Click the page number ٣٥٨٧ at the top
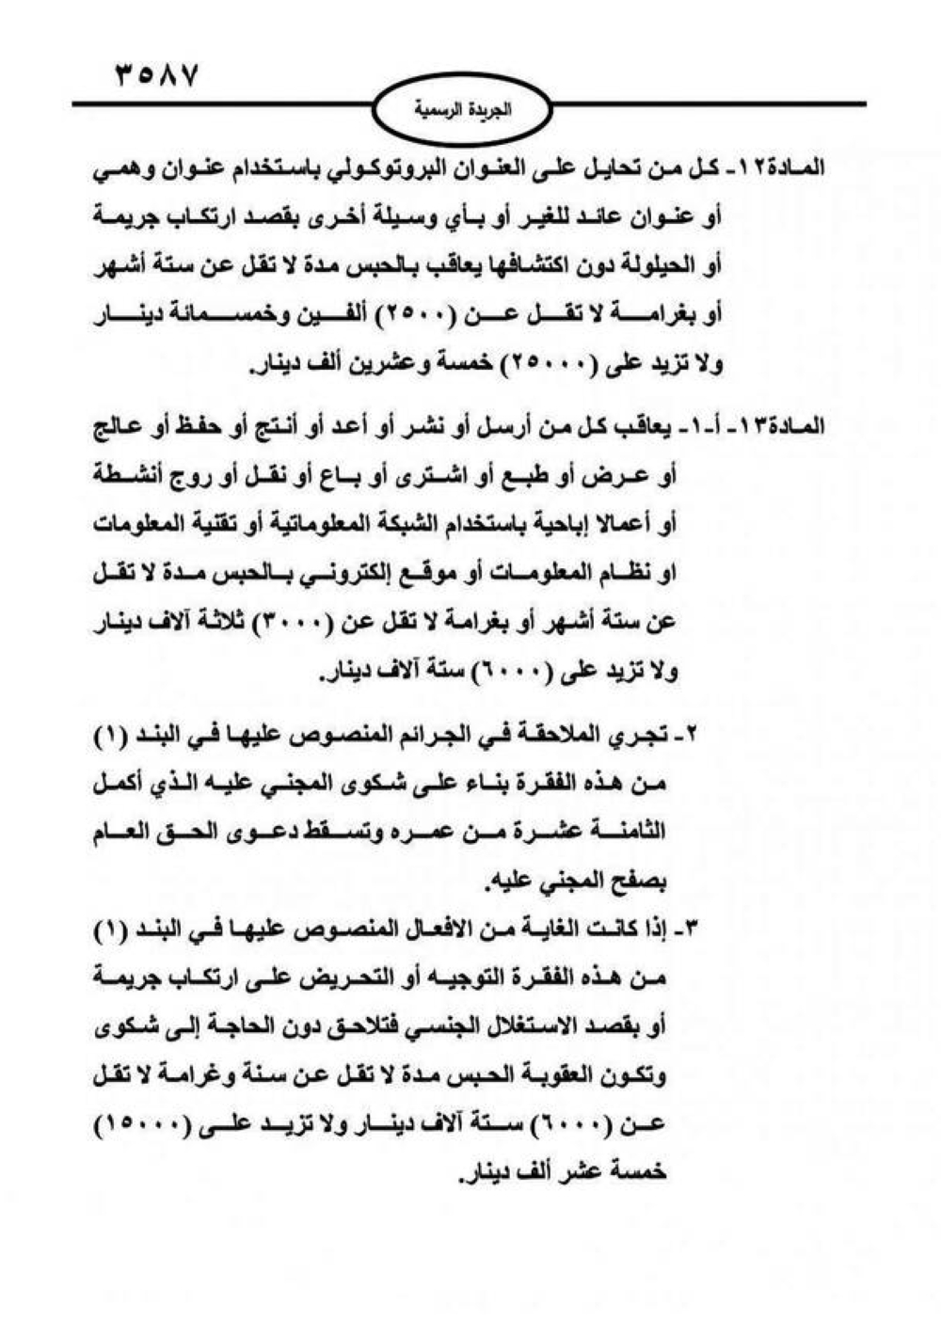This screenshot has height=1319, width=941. point(156,73)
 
